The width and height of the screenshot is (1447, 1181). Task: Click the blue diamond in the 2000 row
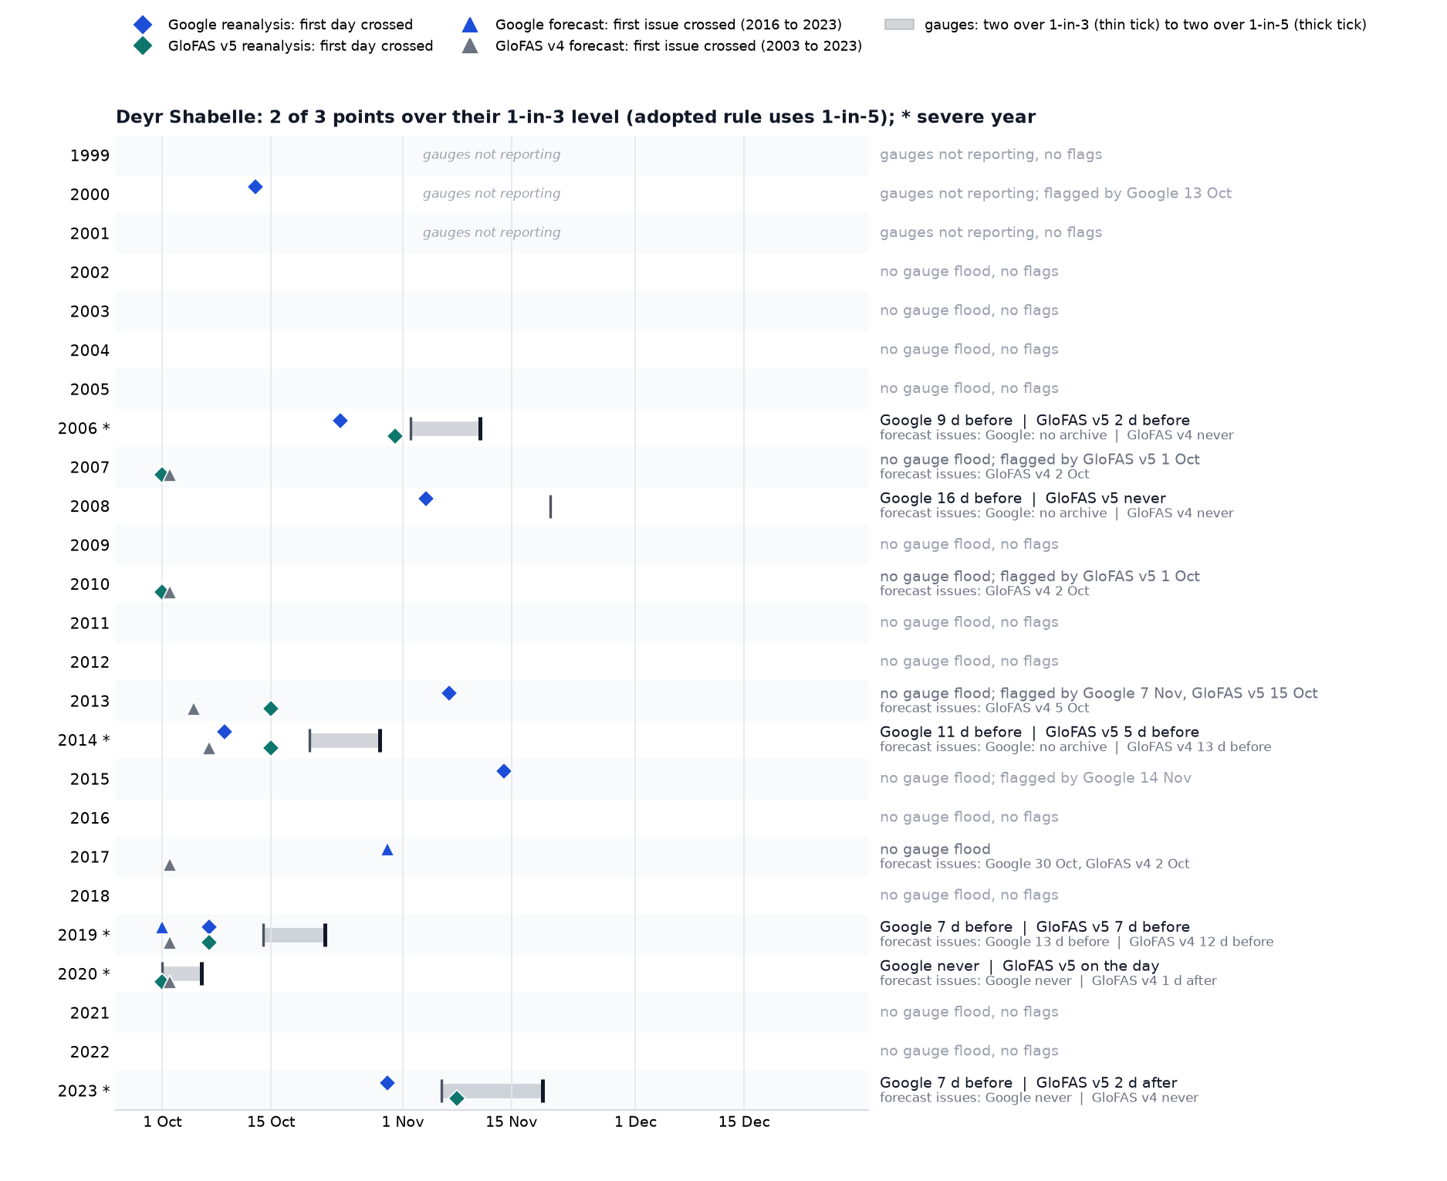click(255, 187)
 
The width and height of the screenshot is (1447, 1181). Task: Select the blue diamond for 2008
click(426, 499)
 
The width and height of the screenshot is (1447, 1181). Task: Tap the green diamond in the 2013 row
click(271, 709)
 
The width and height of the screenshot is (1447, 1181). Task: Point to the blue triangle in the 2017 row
click(387, 850)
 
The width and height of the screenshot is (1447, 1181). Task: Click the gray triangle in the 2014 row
click(209, 749)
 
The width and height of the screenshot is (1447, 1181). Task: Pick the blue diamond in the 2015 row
click(504, 771)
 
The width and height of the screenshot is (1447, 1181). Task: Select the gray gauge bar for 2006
click(445, 429)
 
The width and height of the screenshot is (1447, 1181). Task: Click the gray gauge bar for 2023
click(492, 1091)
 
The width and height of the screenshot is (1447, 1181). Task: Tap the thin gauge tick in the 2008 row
click(550, 507)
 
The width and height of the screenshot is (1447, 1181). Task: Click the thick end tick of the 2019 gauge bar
click(326, 935)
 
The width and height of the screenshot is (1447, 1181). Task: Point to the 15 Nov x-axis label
click(512, 1122)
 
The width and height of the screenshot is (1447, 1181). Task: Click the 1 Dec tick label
click(636, 1122)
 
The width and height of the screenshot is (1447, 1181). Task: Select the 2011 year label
click(90, 624)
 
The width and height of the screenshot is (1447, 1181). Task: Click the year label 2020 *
click(84, 974)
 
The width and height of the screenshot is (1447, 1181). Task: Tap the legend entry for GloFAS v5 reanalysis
click(284, 46)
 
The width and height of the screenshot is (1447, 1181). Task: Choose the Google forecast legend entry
click(652, 25)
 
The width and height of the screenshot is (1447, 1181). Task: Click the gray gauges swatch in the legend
click(899, 25)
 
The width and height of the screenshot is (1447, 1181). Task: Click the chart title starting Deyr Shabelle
click(576, 117)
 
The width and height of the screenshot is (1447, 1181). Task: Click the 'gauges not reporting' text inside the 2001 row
click(492, 232)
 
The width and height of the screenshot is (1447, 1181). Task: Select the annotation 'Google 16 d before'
click(951, 499)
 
